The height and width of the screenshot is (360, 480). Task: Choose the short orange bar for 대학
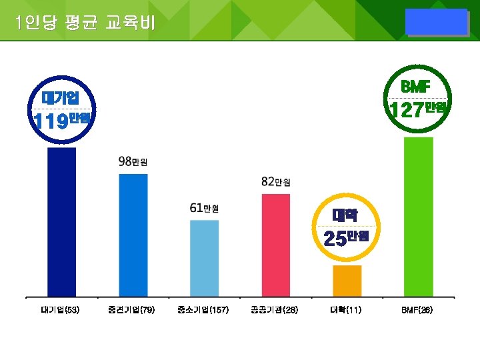(x=347, y=281)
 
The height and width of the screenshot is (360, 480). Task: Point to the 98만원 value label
(x=133, y=161)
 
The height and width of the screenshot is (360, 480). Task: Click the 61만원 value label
(x=204, y=208)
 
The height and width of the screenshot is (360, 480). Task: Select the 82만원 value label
(x=275, y=181)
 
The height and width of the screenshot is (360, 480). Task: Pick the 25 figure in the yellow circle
(x=335, y=238)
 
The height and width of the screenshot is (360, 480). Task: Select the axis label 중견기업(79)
(x=131, y=310)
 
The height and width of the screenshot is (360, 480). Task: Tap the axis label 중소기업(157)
(x=203, y=310)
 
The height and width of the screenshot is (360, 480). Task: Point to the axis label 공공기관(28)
(x=275, y=310)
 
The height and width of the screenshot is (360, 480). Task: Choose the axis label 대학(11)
(x=346, y=310)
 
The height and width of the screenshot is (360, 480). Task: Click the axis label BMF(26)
(x=417, y=310)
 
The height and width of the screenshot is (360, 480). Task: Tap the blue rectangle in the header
(x=437, y=22)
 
